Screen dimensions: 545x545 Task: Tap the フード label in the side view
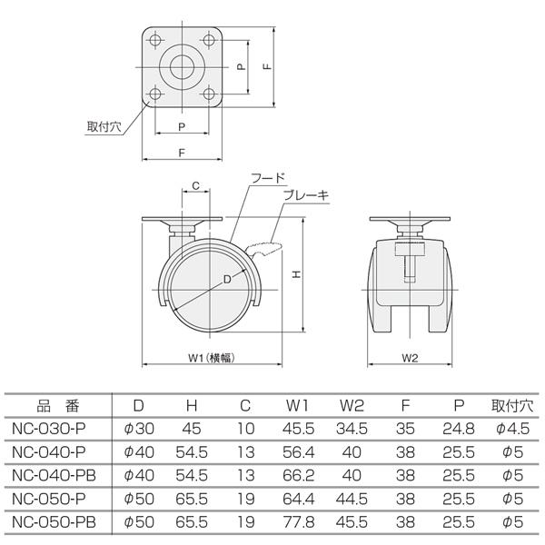268,179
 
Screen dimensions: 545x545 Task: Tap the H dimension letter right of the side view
296,272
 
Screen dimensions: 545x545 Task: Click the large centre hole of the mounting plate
183,68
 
